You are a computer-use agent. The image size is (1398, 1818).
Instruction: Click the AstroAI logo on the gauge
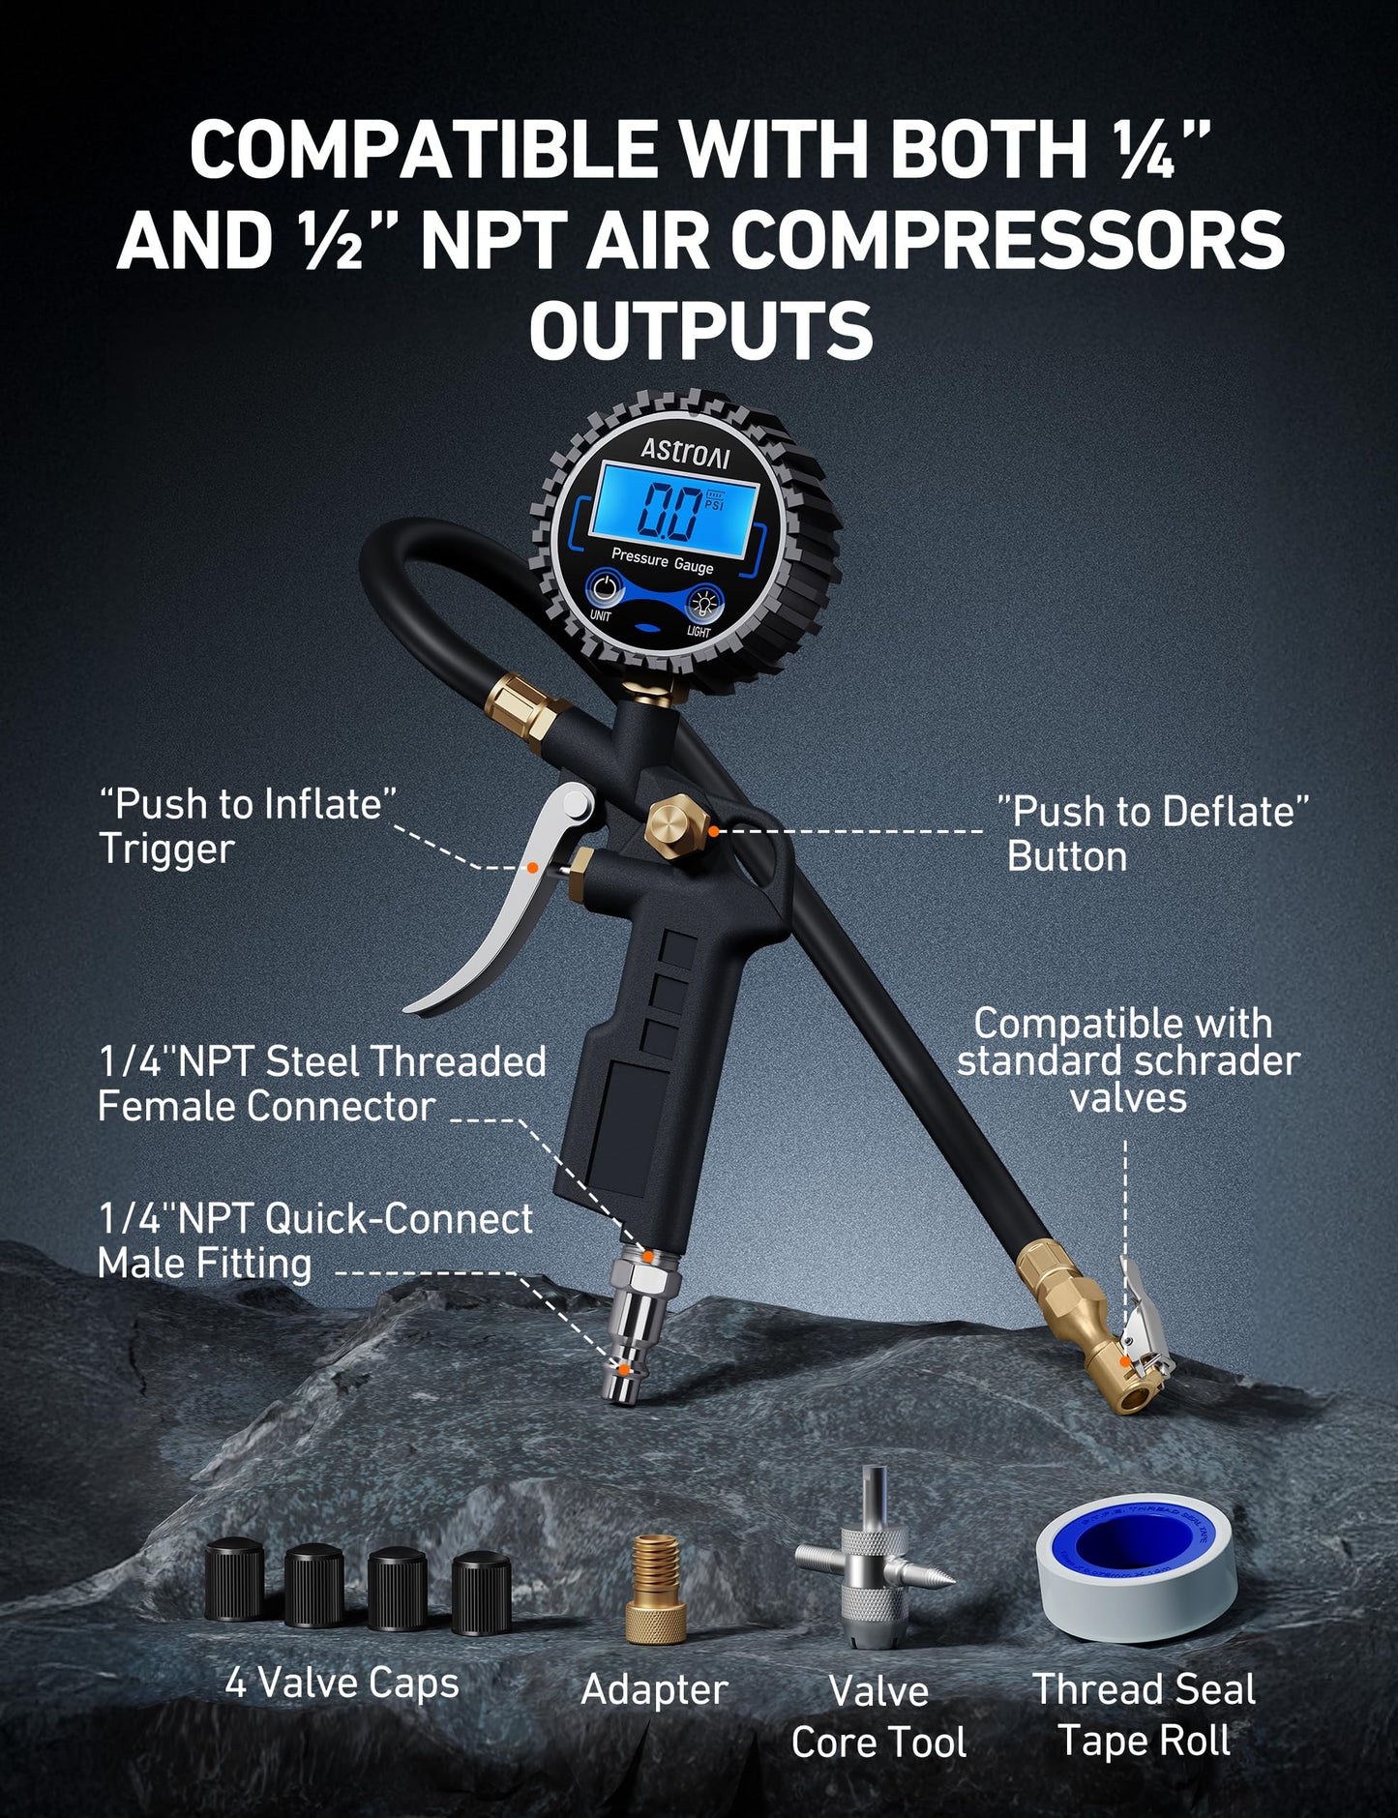click(685, 453)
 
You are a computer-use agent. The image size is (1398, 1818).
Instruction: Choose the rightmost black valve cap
click(481, 1591)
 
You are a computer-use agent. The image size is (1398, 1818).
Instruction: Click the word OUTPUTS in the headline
click(700, 331)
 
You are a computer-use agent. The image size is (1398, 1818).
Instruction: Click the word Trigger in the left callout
click(166, 849)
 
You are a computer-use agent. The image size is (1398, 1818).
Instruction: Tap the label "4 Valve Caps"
click(342, 1684)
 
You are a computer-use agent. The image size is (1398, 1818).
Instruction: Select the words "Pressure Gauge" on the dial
click(662, 560)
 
